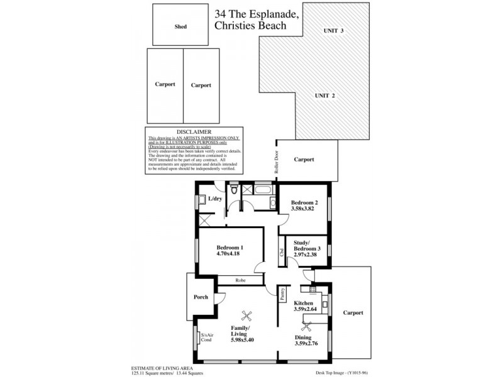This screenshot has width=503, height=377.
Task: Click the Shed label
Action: [180, 27]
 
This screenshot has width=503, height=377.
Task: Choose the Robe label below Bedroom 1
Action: [240, 281]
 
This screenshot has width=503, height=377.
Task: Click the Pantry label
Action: [284, 293]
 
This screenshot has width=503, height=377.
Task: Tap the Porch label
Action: [201, 297]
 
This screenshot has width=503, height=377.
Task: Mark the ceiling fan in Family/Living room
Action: [247, 317]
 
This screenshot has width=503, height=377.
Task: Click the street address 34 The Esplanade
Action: [251, 13]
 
